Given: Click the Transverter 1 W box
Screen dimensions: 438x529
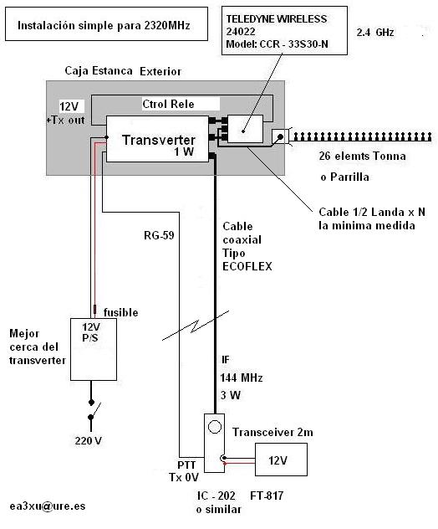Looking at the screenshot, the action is click(157, 139).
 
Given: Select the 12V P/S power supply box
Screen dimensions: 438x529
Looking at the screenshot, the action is click(94, 349).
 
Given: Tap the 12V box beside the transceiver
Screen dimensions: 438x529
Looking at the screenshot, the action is click(281, 460).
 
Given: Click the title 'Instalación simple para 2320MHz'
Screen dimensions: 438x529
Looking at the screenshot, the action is click(104, 26).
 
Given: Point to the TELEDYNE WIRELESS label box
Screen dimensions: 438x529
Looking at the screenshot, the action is click(284, 30).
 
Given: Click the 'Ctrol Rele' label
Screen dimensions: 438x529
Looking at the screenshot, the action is click(168, 104).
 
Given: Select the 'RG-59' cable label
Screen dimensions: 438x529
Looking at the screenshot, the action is click(159, 235).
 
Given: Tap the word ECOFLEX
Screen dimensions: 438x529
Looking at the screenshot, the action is click(247, 266).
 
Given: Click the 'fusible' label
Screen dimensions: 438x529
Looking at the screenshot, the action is click(120, 312).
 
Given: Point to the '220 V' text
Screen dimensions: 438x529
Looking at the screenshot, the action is click(89, 440).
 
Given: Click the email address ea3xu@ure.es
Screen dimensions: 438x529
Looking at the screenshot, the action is click(48, 506).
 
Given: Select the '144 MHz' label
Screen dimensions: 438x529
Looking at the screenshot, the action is click(242, 377).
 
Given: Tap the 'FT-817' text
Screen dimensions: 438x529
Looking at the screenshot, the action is click(267, 496).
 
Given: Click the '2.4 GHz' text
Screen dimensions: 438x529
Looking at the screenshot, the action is click(375, 33).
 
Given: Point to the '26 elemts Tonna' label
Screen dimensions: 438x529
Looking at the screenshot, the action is click(362, 156).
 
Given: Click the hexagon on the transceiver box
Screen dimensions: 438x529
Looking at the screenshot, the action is click(214, 427).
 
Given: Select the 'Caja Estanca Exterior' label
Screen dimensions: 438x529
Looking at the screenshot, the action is click(123, 71).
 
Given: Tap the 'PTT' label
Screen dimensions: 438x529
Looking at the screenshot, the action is click(186, 465).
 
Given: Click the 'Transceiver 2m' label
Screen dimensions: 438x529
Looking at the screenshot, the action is click(272, 432).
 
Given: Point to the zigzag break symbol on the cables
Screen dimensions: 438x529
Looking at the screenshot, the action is click(196, 326).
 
